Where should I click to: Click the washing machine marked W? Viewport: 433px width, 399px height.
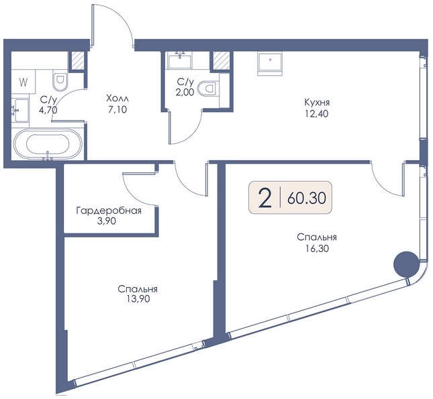point(23,82)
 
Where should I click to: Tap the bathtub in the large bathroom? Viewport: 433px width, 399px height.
point(48,144)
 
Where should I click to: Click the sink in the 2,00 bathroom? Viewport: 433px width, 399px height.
point(181,60)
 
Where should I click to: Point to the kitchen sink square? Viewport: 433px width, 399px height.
point(270,64)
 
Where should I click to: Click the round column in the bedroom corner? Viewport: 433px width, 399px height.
point(405,264)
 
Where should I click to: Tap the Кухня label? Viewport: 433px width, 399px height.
point(317,103)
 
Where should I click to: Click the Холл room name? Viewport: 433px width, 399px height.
point(117,98)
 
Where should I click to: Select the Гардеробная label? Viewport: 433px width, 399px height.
point(109,211)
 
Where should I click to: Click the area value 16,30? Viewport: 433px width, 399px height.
point(317,249)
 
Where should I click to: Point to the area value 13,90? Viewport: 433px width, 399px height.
point(138,298)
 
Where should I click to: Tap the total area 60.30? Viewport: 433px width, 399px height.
point(307,198)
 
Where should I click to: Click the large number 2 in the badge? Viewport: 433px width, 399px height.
point(264,197)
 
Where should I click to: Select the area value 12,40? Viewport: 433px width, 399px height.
point(317,113)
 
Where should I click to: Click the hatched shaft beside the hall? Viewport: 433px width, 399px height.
point(77,60)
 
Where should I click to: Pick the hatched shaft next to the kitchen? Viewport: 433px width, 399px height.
point(221,60)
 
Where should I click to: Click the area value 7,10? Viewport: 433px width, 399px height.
point(117,109)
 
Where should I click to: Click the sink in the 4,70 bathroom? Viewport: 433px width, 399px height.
point(20,111)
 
